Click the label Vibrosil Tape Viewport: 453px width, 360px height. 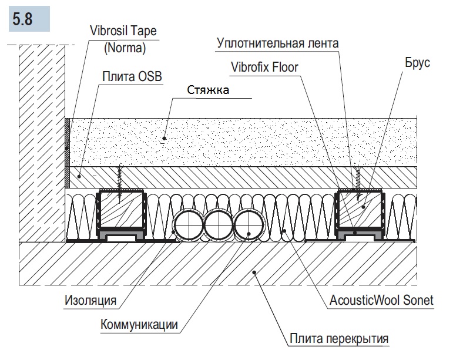123,31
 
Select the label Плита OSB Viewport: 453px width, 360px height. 132,78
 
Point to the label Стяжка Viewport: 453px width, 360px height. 208,90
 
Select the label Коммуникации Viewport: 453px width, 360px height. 139,324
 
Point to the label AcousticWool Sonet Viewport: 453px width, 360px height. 381,301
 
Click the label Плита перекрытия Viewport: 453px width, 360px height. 339,339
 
